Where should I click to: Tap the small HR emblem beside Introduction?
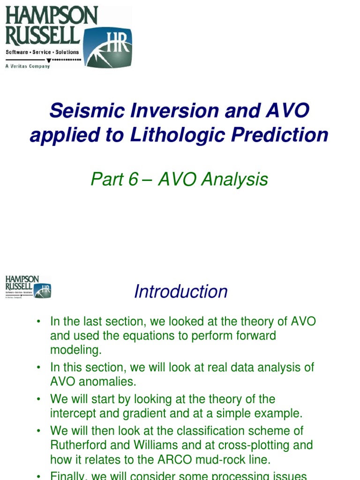pos(43,290)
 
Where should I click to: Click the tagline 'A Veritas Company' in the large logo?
pos(27,66)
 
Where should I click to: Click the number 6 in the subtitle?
pos(133,180)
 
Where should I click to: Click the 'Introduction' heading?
pos(180,292)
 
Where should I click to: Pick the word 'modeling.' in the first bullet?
pos(76,350)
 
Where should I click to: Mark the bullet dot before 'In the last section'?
pos(39,322)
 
